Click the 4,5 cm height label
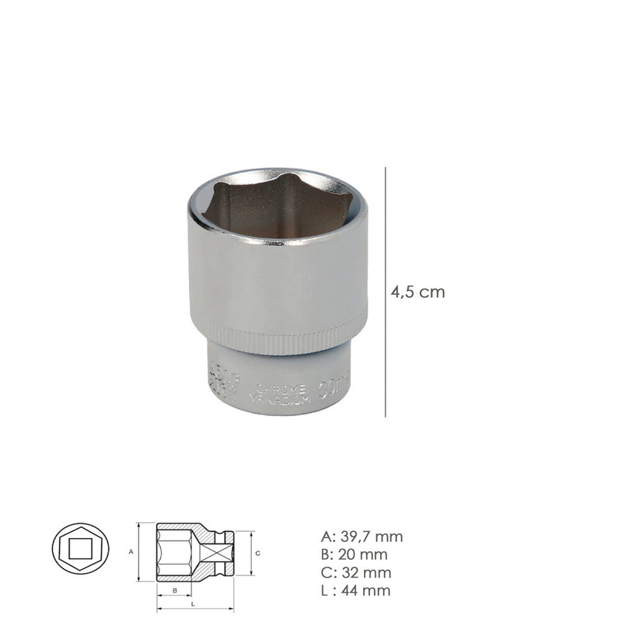(417, 292)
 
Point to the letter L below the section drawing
(192, 604)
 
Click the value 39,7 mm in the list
(370, 536)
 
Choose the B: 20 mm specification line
(354, 554)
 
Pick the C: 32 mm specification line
(355, 572)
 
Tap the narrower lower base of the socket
(278, 381)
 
